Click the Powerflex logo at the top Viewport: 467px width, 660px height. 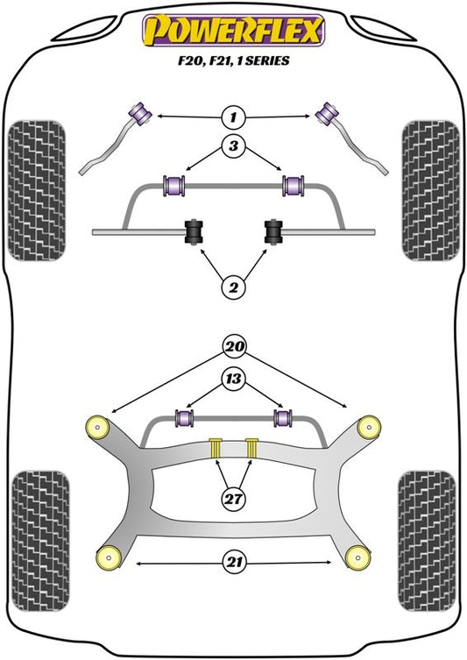pyautogui.click(x=233, y=31)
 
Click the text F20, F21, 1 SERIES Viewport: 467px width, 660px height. pyautogui.click(x=233, y=60)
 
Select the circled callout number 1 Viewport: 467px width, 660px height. pyautogui.click(x=233, y=117)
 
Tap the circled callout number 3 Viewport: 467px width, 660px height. pyautogui.click(x=233, y=146)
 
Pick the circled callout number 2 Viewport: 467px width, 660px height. pyautogui.click(x=233, y=287)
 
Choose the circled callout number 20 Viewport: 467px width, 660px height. pyautogui.click(x=234, y=346)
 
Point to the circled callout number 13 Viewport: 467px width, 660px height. pyautogui.click(x=233, y=379)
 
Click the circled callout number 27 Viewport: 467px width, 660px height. pyautogui.click(x=233, y=499)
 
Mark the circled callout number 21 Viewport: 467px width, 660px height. pyautogui.click(x=234, y=563)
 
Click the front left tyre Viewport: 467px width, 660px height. pyautogui.click(x=37, y=190)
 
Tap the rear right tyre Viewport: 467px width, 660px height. pyautogui.click(x=427, y=541)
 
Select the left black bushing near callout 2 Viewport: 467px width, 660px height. pyautogui.click(x=194, y=231)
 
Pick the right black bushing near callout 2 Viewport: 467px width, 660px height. pyautogui.click(x=273, y=231)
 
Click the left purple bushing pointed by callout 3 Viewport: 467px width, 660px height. pyautogui.click(x=173, y=185)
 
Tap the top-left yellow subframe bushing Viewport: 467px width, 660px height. pyautogui.click(x=97, y=428)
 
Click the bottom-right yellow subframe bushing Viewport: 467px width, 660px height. pyautogui.click(x=358, y=557)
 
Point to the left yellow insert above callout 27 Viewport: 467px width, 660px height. pyautogui.click(x=216, y=447)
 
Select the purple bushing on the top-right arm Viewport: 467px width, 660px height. pyautogui.click(x=328, y=113)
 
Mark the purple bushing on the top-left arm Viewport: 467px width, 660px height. pyautogui.click(x=140, y=113)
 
